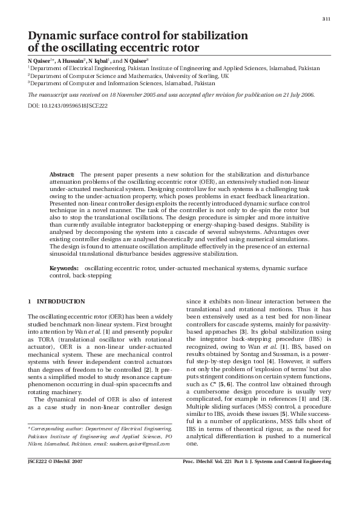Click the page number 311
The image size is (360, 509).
(x=326, y=19)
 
